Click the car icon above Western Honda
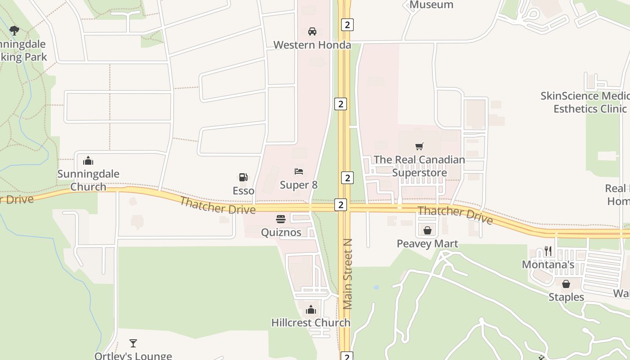point(312,31)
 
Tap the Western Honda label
point(312,45)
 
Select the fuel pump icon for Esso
point(243,177)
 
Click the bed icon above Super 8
point(299,171)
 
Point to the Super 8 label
point(299,185)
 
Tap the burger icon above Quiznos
point(281,219)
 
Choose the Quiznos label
point(281,233)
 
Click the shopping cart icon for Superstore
point(419,146)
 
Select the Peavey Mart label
point(427,244)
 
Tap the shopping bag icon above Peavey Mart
point(427,230)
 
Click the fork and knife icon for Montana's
point(548,251)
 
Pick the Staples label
point(566,297)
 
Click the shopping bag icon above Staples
point(566,284)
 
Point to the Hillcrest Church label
point(310,323)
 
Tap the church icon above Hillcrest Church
point(310,310)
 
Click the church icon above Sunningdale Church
point(88,161)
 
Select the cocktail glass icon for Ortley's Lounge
point(133,343)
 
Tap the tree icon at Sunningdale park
point(14,31)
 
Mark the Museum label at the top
point(431,5)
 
